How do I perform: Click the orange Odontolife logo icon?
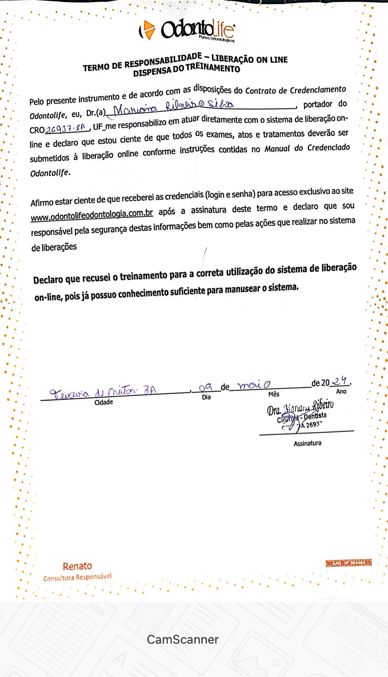pyautogui.click(x=148, y=30)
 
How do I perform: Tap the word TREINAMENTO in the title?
pyautogui.click(x=213, y=69)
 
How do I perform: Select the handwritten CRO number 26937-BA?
pyautogui.click(x=65, y=128)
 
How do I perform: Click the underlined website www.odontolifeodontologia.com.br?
pyautogui.click(x=92, y=215)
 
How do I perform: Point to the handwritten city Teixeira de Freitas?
pyautogui.click(x=103, y=392)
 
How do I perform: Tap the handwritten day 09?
pyautogui.click(x=205, y=388)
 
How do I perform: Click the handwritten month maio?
pyautogui.click(x=254, y=385)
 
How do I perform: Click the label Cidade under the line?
pyautogui.click(x=104, y=402)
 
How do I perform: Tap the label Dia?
pyautogui.click(x=206, y=397)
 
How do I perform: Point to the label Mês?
pyautogui.click(x=274, y=394)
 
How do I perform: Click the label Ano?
pyautogui.click(x=341, y=391)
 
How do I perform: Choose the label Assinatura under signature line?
pyautogui.click(x=307, y=443)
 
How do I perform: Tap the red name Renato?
pyautogui.click(x=77, y=566)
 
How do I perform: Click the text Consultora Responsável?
pyautogui.click(x=77, y=578)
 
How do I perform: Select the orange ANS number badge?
pyautogui.click(x=348, y=563)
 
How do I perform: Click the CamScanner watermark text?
pyautogui.click(x=183, y=639)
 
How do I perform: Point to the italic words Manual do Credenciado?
pyautogui.click(x=307, y=148)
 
